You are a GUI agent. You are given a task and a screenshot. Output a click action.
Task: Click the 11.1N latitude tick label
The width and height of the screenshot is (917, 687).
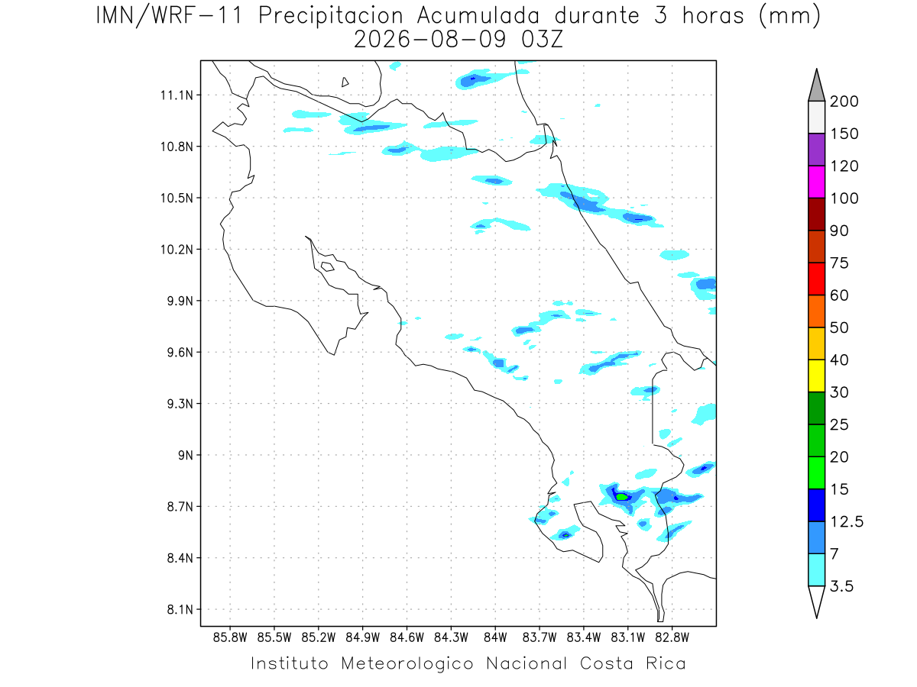177,95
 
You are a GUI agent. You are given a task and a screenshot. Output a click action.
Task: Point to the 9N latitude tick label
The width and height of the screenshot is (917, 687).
186,455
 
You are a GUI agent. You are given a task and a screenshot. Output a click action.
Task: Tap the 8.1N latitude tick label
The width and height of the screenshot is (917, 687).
180,609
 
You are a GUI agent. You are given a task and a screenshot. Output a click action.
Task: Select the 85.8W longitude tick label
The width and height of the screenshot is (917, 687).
230,638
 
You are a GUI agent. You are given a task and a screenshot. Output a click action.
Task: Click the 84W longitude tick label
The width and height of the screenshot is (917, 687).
495,638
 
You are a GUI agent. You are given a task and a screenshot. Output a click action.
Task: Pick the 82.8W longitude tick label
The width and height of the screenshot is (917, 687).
672,638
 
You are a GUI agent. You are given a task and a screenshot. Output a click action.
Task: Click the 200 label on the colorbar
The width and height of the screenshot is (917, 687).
844,102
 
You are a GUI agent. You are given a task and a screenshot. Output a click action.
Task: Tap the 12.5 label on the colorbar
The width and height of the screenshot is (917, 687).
847,521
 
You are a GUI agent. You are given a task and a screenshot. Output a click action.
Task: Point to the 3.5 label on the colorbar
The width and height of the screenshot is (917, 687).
841,586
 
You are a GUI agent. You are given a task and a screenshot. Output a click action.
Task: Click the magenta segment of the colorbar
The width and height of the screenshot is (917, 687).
816,182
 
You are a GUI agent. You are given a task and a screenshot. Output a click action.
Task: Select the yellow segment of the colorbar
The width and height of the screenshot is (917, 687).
816,376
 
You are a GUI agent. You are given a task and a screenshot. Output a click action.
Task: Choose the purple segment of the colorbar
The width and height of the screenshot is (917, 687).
816,150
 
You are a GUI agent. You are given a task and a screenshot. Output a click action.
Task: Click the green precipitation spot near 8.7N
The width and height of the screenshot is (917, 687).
621,497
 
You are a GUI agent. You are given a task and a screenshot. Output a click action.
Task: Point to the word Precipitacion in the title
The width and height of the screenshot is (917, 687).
331,16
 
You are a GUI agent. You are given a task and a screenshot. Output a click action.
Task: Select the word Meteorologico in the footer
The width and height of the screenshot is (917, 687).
407,663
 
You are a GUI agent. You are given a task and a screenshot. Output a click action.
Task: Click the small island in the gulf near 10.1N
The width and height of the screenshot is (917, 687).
328,266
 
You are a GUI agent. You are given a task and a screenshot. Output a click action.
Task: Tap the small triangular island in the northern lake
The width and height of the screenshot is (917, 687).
344,82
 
